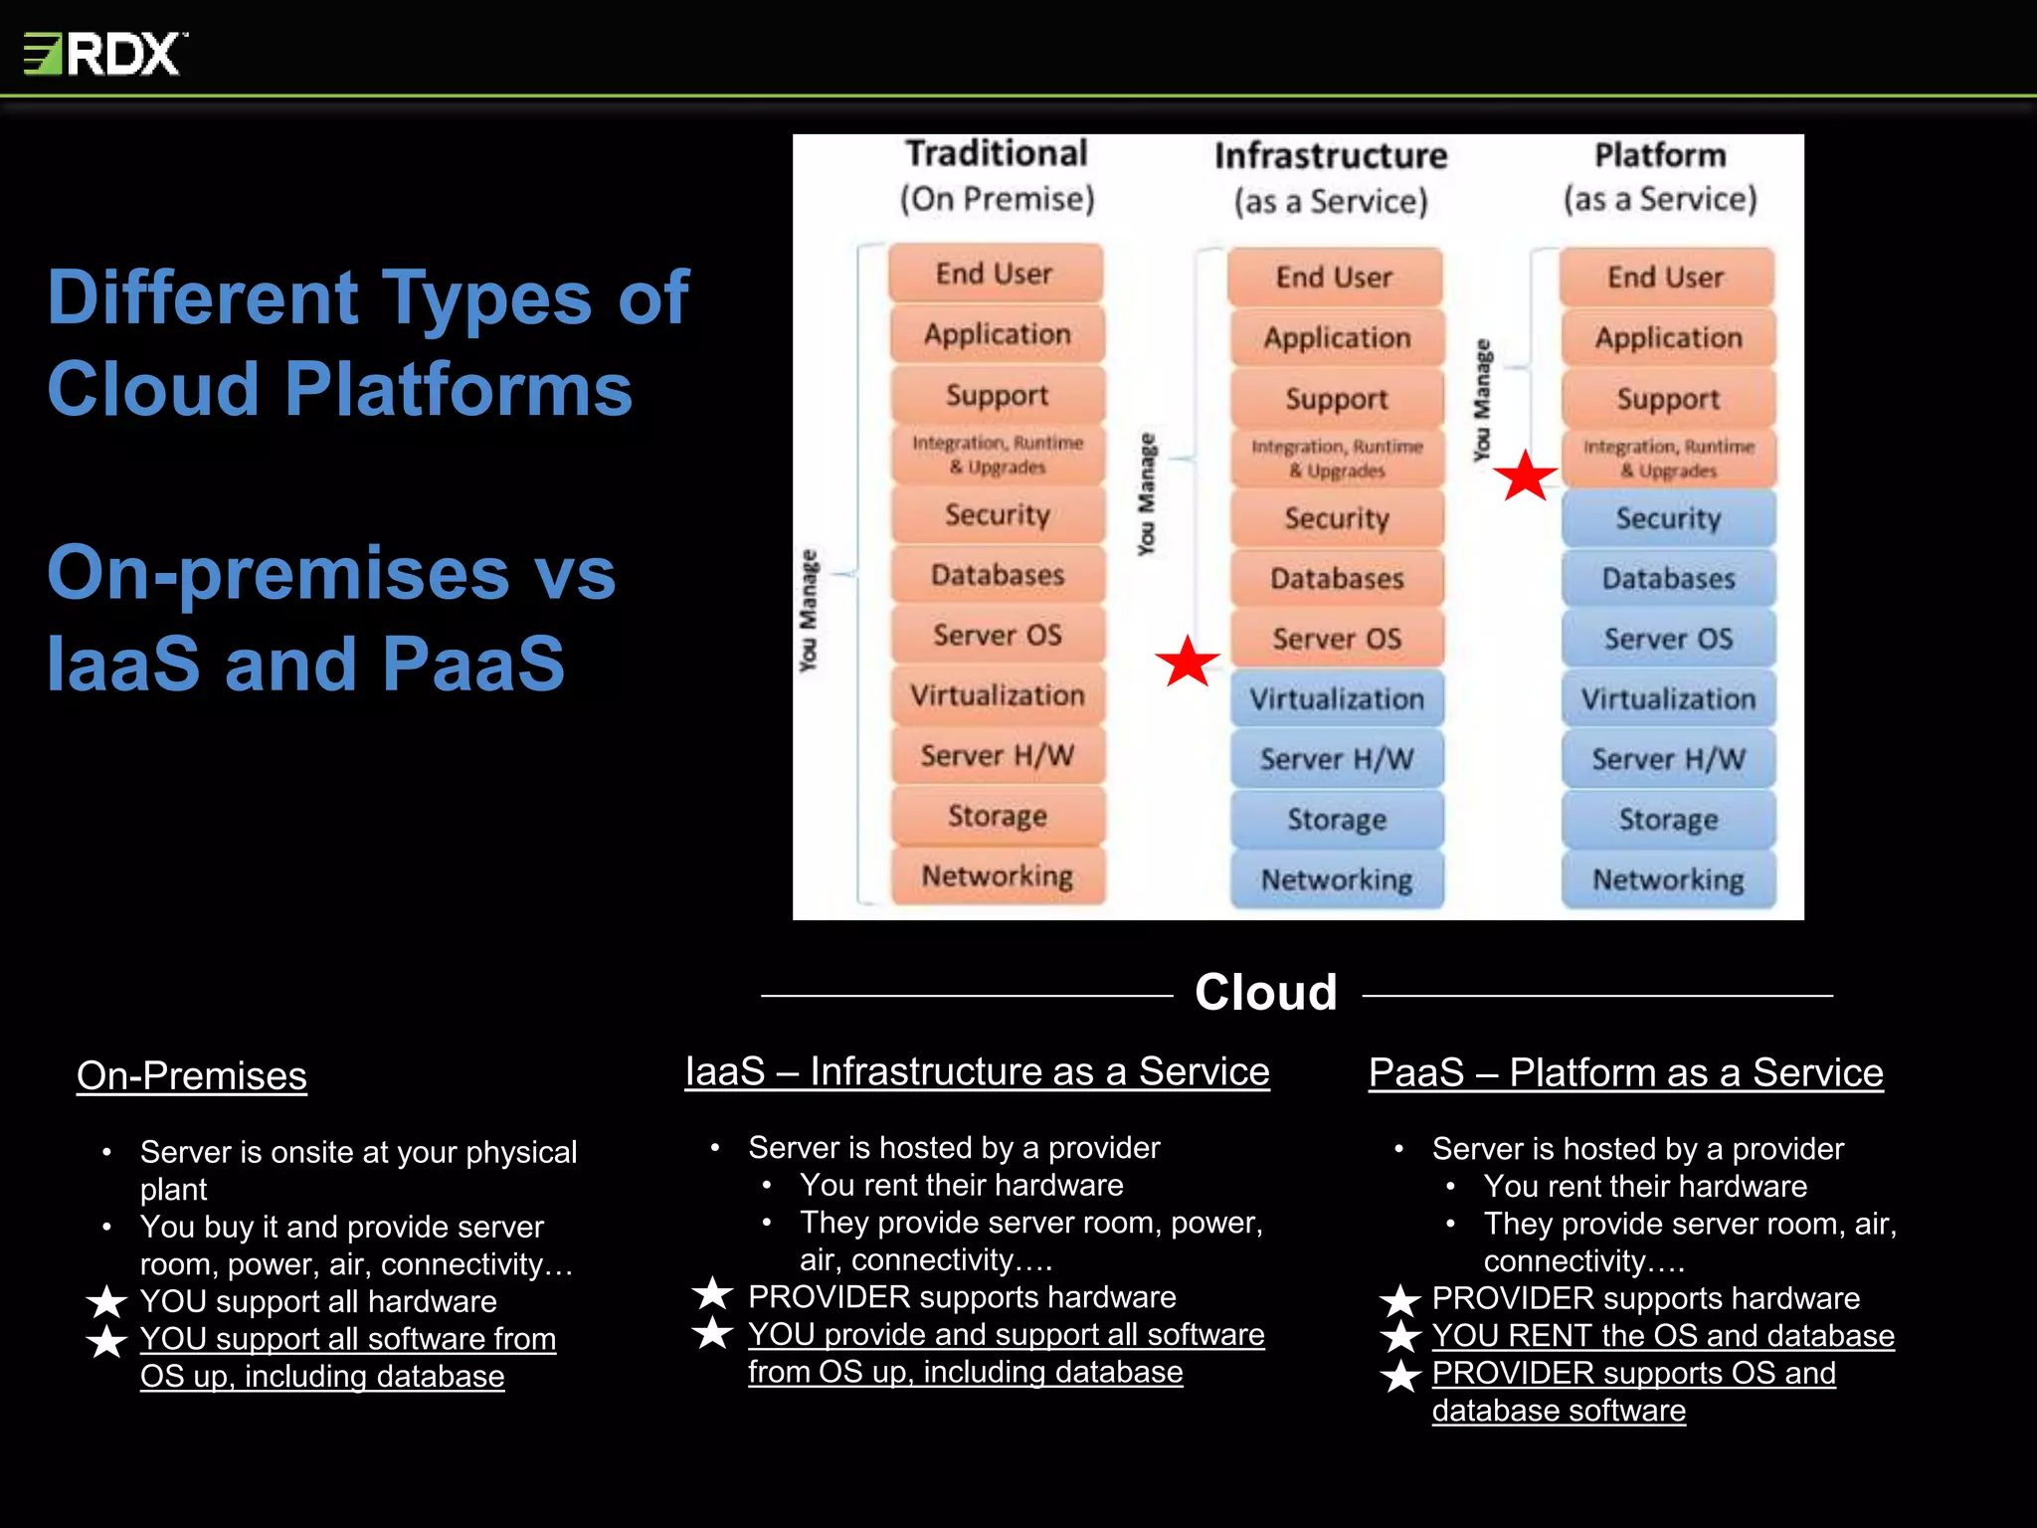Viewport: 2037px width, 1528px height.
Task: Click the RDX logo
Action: (x=104, y=54)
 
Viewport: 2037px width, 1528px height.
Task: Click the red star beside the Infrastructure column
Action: (x=1187, y=662)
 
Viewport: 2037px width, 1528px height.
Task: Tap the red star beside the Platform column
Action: (x=1525, y=476)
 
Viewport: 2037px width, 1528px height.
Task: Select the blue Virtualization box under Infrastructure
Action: (x=1336, y=699)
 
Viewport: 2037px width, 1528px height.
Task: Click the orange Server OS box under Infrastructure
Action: (x=1336, y=639)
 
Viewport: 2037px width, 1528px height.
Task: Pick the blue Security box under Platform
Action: (x=1668, y=518)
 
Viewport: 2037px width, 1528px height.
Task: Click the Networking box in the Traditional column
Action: (x=997, y=876)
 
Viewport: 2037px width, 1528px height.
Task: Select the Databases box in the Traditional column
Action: (x=997, y=575)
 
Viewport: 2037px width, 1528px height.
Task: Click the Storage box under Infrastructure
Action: (x=1336, y=820)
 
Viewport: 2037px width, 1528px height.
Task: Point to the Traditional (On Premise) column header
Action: (x=997, y=176)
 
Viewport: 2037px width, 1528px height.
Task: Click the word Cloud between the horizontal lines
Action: (x=1265, y=993)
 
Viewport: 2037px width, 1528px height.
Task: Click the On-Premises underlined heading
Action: (x=192, y=1076)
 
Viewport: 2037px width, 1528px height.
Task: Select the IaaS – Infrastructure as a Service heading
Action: (x=977, y=1072)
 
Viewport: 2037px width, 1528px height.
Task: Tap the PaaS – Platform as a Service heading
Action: (x=1625, y=1073)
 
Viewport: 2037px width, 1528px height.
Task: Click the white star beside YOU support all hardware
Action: (x=106, y=1301)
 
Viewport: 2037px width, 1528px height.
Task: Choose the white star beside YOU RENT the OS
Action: (x=1400, y=1336)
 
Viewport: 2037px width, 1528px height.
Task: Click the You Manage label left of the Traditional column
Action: (x=809, y=609)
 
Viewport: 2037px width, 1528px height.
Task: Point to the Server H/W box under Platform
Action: (x=1668, y=759)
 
